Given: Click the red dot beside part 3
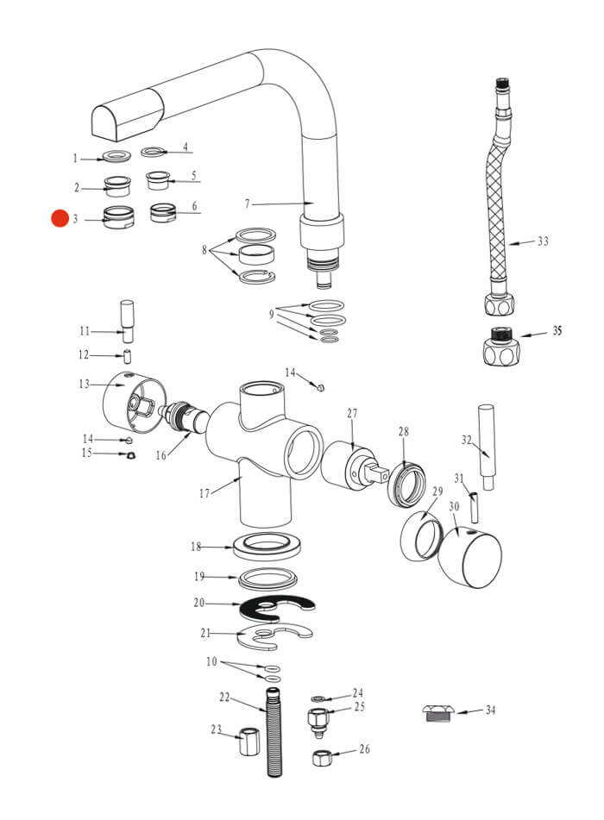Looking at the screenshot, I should tap(60, 219).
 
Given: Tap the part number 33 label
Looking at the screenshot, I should tap(542, 241).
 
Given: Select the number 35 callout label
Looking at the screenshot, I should tap(557, 331).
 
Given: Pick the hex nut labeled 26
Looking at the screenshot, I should tap(323, 758).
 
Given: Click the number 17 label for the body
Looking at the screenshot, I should tap(204, 494).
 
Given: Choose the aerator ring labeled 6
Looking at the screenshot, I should tap(162, 211).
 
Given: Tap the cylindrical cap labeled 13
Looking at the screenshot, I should tap(128, 404).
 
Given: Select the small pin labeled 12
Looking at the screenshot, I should tap(128, 355).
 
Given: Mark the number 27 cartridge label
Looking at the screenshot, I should tap(352, 414).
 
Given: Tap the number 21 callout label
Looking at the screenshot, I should tap(205, 634).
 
